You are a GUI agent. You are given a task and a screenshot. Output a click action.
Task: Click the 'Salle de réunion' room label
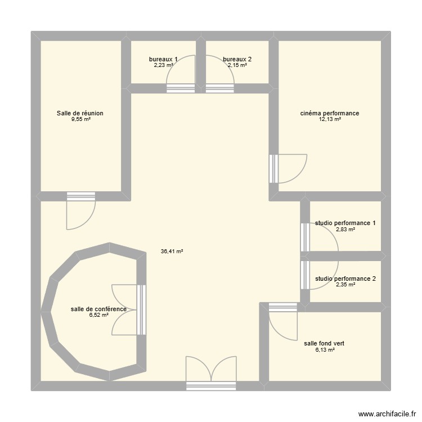pyautogui.click(x=80, y=113)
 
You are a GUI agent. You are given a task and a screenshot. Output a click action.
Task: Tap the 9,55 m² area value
pyautogui.click(x=80, y=119)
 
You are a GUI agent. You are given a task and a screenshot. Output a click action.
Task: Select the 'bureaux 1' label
pyautogui.click(x=163, y=59)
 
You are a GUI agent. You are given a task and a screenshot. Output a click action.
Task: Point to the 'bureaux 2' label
pyautogui.click(x=237, y=59)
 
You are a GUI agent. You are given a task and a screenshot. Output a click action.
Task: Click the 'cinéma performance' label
pyautogui.click(x=330, y=113)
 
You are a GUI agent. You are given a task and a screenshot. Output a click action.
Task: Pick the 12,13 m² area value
pyautogui.click(x=330, y=119)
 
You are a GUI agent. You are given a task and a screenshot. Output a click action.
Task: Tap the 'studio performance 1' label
pyautogui.click(x=345, y=223)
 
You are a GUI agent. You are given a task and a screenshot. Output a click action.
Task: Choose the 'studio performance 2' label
pyautogui.click(x=345, y=279)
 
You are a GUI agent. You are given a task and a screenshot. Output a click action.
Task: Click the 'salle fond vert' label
pyautogui.click(x=324, y=343)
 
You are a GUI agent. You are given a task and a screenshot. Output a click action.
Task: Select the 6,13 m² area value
pyautogui.click(x=324, y=349)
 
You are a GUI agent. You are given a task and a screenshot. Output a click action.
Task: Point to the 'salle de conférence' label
pyautogui.click(x=98, y=309)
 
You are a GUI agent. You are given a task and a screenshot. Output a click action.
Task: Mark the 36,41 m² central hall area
pyautogui.click(x=172, y=252)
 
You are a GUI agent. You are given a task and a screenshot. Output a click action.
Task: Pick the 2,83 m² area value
pyautogui.click(x=345, y=230)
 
